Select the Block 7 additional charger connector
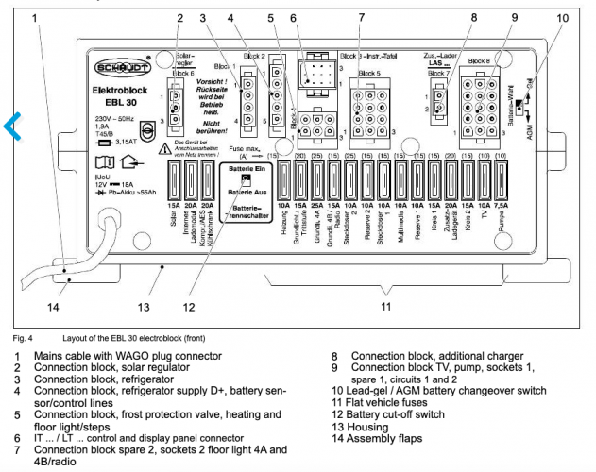[x=440, y=101]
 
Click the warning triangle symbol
[x=164, y=147]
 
